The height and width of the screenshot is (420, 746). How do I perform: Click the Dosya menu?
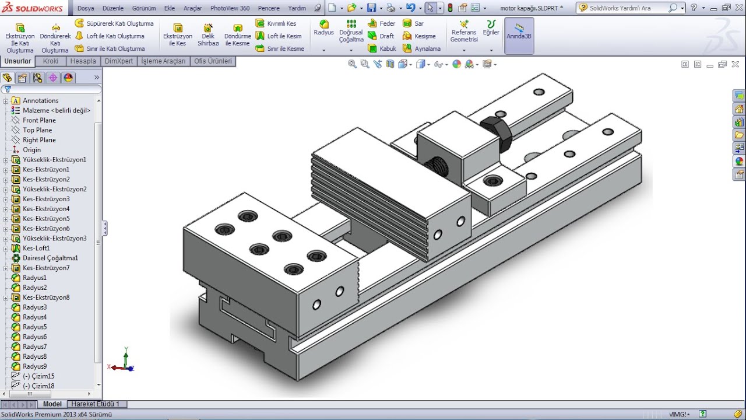[x=86, y=8]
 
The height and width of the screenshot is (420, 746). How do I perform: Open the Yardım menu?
[x=297, y=8]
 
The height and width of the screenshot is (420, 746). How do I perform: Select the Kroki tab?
[x=51, y=61]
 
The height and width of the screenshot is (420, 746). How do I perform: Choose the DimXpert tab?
[x=119, y=61]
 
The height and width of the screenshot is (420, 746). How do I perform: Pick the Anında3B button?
[x=519, y=36]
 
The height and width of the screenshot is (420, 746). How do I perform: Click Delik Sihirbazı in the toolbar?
[x=208, y=35]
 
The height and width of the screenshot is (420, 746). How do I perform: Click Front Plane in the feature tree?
[x=39, y=120]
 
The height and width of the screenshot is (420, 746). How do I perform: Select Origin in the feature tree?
[x=31, y=150]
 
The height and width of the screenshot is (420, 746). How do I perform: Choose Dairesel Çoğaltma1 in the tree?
[x=50, y=258]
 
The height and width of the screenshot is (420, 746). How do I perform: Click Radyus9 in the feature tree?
[x=34, y=366]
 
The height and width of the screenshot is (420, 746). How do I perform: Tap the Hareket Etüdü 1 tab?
[x=95, y=404]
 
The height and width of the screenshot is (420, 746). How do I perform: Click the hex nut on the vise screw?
[x=496, y=131]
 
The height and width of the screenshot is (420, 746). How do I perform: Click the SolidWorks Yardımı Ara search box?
[x=627, y=8]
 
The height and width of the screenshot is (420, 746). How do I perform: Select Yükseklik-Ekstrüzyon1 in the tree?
[x=54, y=160]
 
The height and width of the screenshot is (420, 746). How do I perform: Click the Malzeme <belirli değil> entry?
[x=57, y=110]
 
